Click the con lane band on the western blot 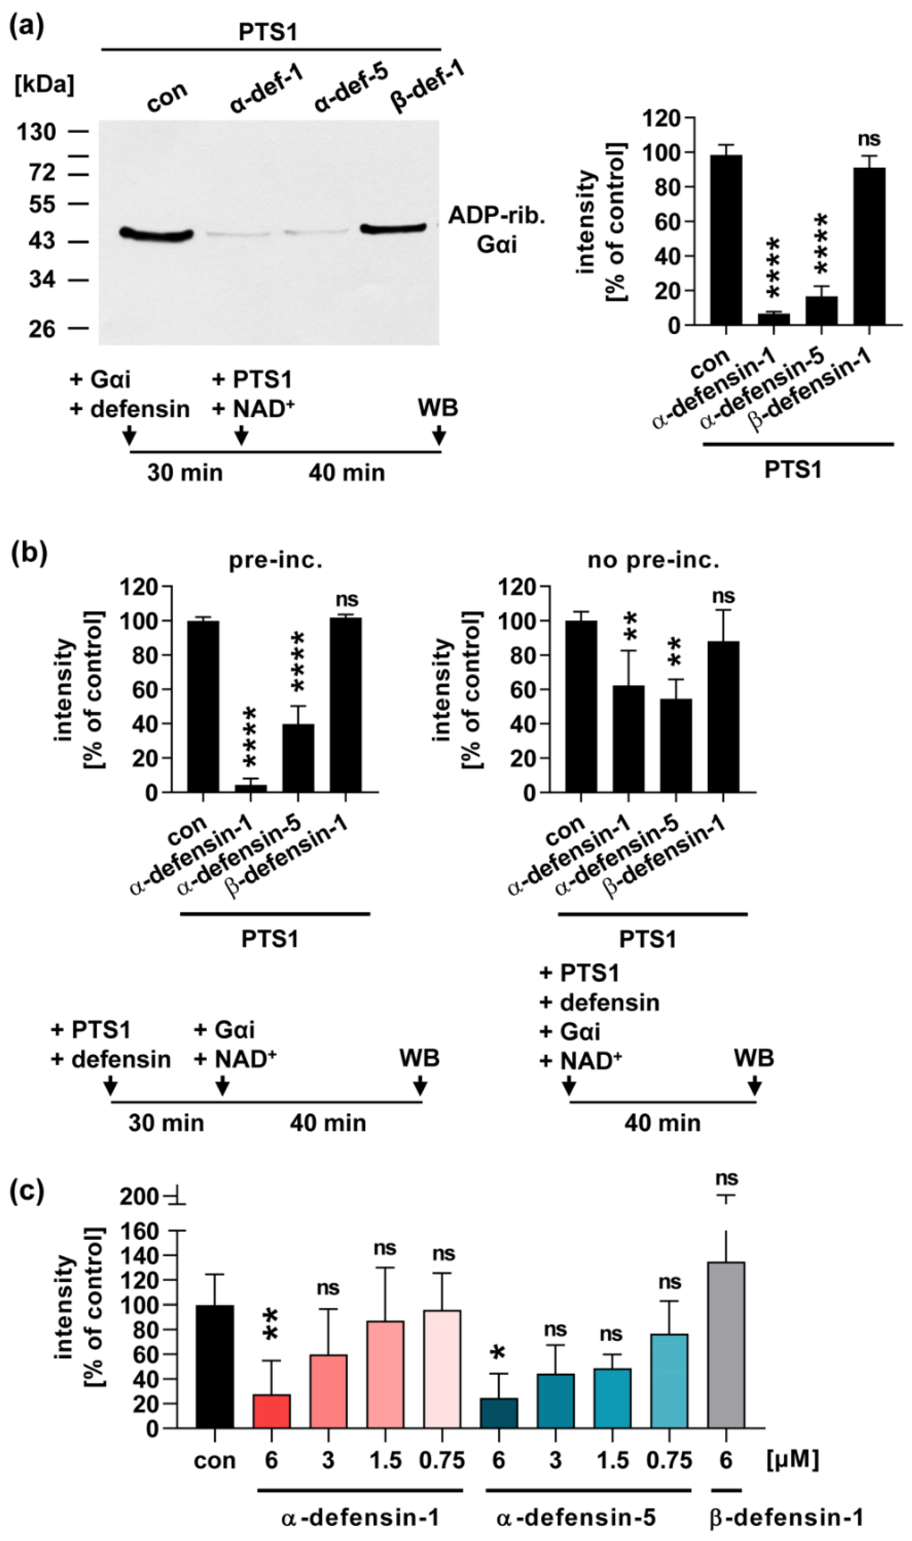tap(156, 233)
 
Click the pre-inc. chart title tap(275, 561)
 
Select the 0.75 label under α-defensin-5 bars tap(669, 1460)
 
